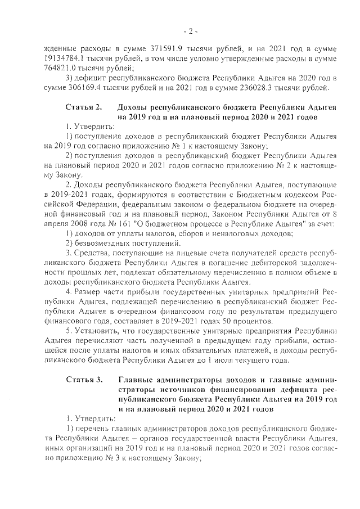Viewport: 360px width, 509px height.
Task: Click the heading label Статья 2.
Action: pos(83,107)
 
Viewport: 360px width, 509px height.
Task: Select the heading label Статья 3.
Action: pos(83,380)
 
